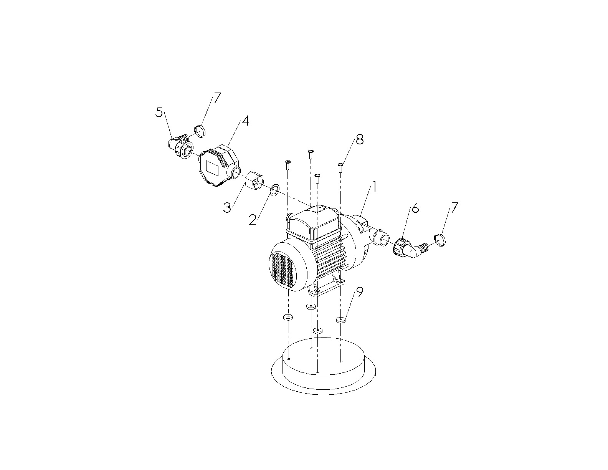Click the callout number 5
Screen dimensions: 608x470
(159, 113)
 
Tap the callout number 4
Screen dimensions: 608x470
(245, 121)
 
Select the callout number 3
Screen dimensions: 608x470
(227, 208)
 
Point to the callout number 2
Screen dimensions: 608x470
(253, 220)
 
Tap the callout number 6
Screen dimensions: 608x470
(415, 208)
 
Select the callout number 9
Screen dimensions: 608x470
(360, 292)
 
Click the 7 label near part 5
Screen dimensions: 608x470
(217, 98)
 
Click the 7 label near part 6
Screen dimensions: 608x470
(454, 207)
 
